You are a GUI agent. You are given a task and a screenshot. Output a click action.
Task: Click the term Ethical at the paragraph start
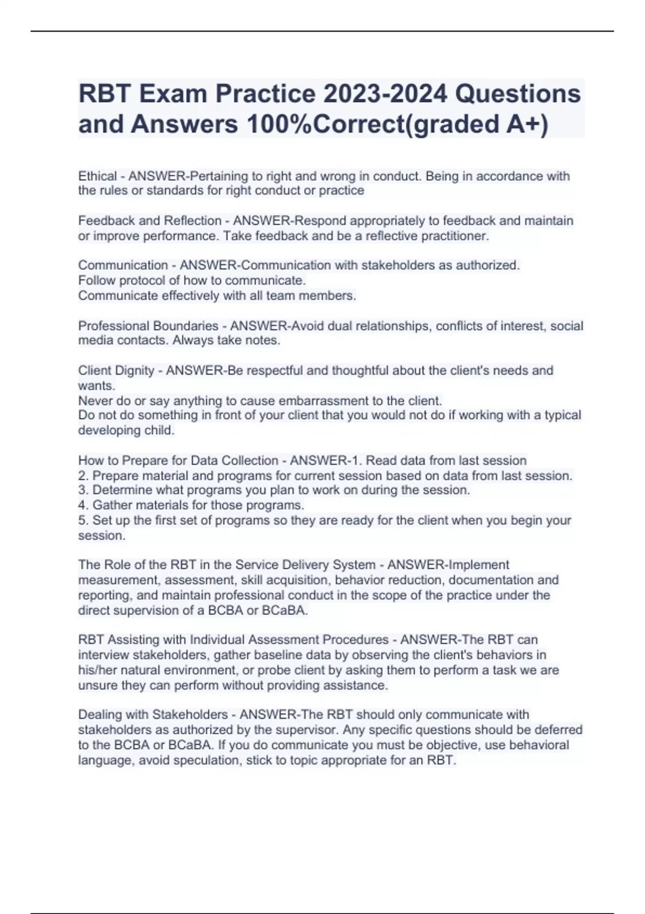point(97,176)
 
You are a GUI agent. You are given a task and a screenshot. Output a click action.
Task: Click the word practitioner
point(455,236)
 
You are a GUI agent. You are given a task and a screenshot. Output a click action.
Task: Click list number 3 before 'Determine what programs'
point(82,490)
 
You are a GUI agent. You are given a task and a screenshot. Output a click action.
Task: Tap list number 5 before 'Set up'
point(82,520)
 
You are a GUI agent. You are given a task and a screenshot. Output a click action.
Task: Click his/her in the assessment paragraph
point(98,670)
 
